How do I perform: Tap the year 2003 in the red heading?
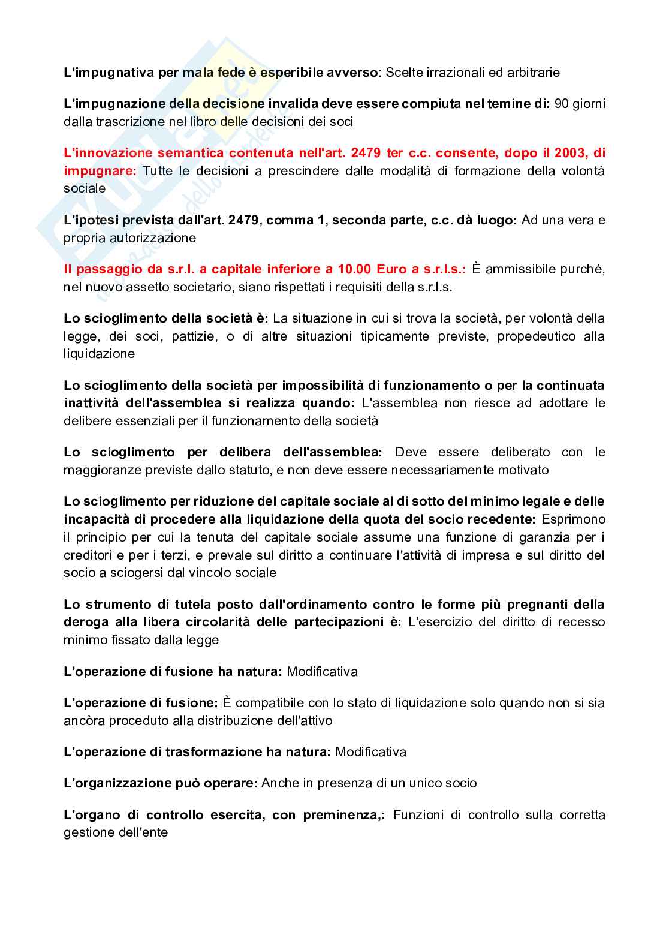(568, 153)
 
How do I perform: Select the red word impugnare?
(100, 171)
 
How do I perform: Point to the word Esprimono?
(573, 519)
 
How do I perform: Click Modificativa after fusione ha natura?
(322, 672)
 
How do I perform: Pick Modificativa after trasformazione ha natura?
(370, 752)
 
